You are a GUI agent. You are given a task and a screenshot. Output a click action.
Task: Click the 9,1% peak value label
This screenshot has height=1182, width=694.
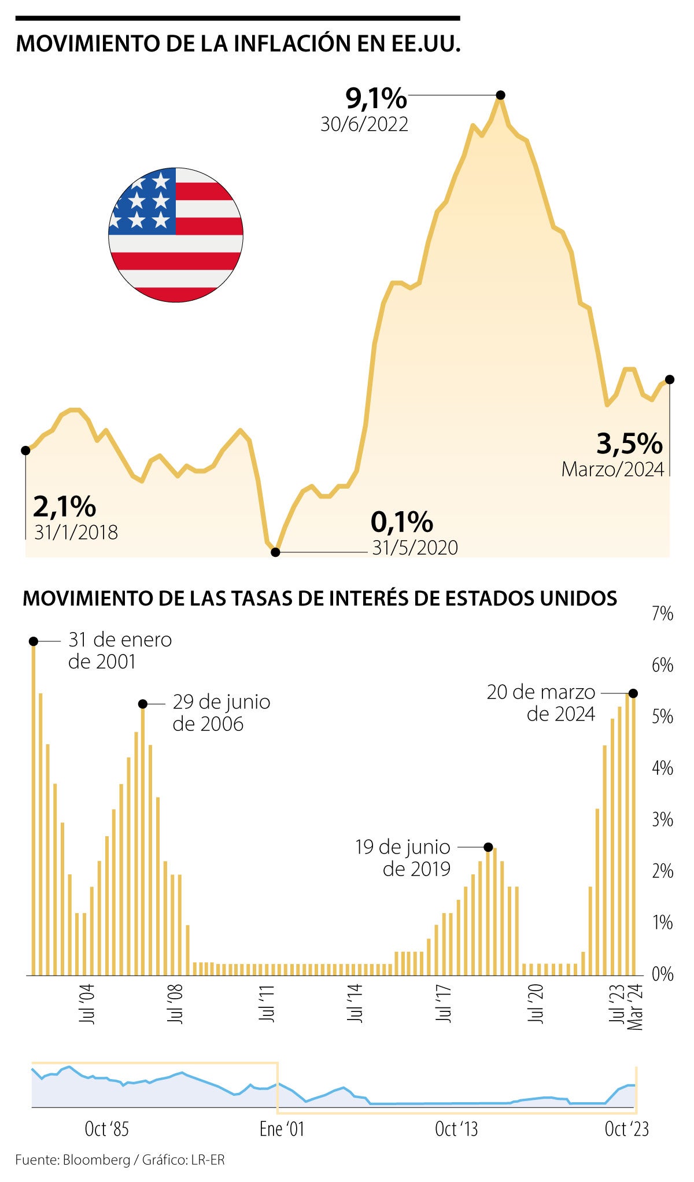376,98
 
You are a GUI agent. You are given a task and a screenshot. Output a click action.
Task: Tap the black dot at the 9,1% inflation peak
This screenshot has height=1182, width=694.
501,95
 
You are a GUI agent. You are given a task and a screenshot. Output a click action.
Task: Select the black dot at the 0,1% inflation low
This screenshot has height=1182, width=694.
276,552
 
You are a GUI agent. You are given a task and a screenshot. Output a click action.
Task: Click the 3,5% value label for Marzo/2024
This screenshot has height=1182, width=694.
629,444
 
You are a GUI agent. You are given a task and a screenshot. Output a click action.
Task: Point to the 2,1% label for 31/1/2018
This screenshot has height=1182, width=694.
64,507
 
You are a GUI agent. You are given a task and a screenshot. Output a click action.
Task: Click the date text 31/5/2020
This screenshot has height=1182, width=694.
415,548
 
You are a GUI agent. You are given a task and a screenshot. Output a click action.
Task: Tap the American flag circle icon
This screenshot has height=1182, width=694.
176,235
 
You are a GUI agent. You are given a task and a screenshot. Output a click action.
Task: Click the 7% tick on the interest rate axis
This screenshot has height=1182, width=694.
662,614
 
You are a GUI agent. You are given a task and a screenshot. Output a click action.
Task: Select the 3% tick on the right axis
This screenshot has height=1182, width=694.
662,820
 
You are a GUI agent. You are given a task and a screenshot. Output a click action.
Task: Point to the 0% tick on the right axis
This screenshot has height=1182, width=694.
662,974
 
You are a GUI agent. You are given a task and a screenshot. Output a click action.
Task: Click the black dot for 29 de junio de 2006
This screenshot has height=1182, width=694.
143,704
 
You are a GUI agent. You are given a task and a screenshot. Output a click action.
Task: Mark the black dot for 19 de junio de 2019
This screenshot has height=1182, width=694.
488,847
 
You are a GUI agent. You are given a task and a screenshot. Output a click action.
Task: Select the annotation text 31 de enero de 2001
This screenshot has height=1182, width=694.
120,651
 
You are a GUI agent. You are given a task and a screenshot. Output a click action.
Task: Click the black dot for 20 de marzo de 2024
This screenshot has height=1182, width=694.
633,693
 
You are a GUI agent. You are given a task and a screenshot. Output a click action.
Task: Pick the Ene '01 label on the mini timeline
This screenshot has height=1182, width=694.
282,1129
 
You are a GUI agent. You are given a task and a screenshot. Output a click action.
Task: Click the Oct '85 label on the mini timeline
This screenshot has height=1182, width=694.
106,1129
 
